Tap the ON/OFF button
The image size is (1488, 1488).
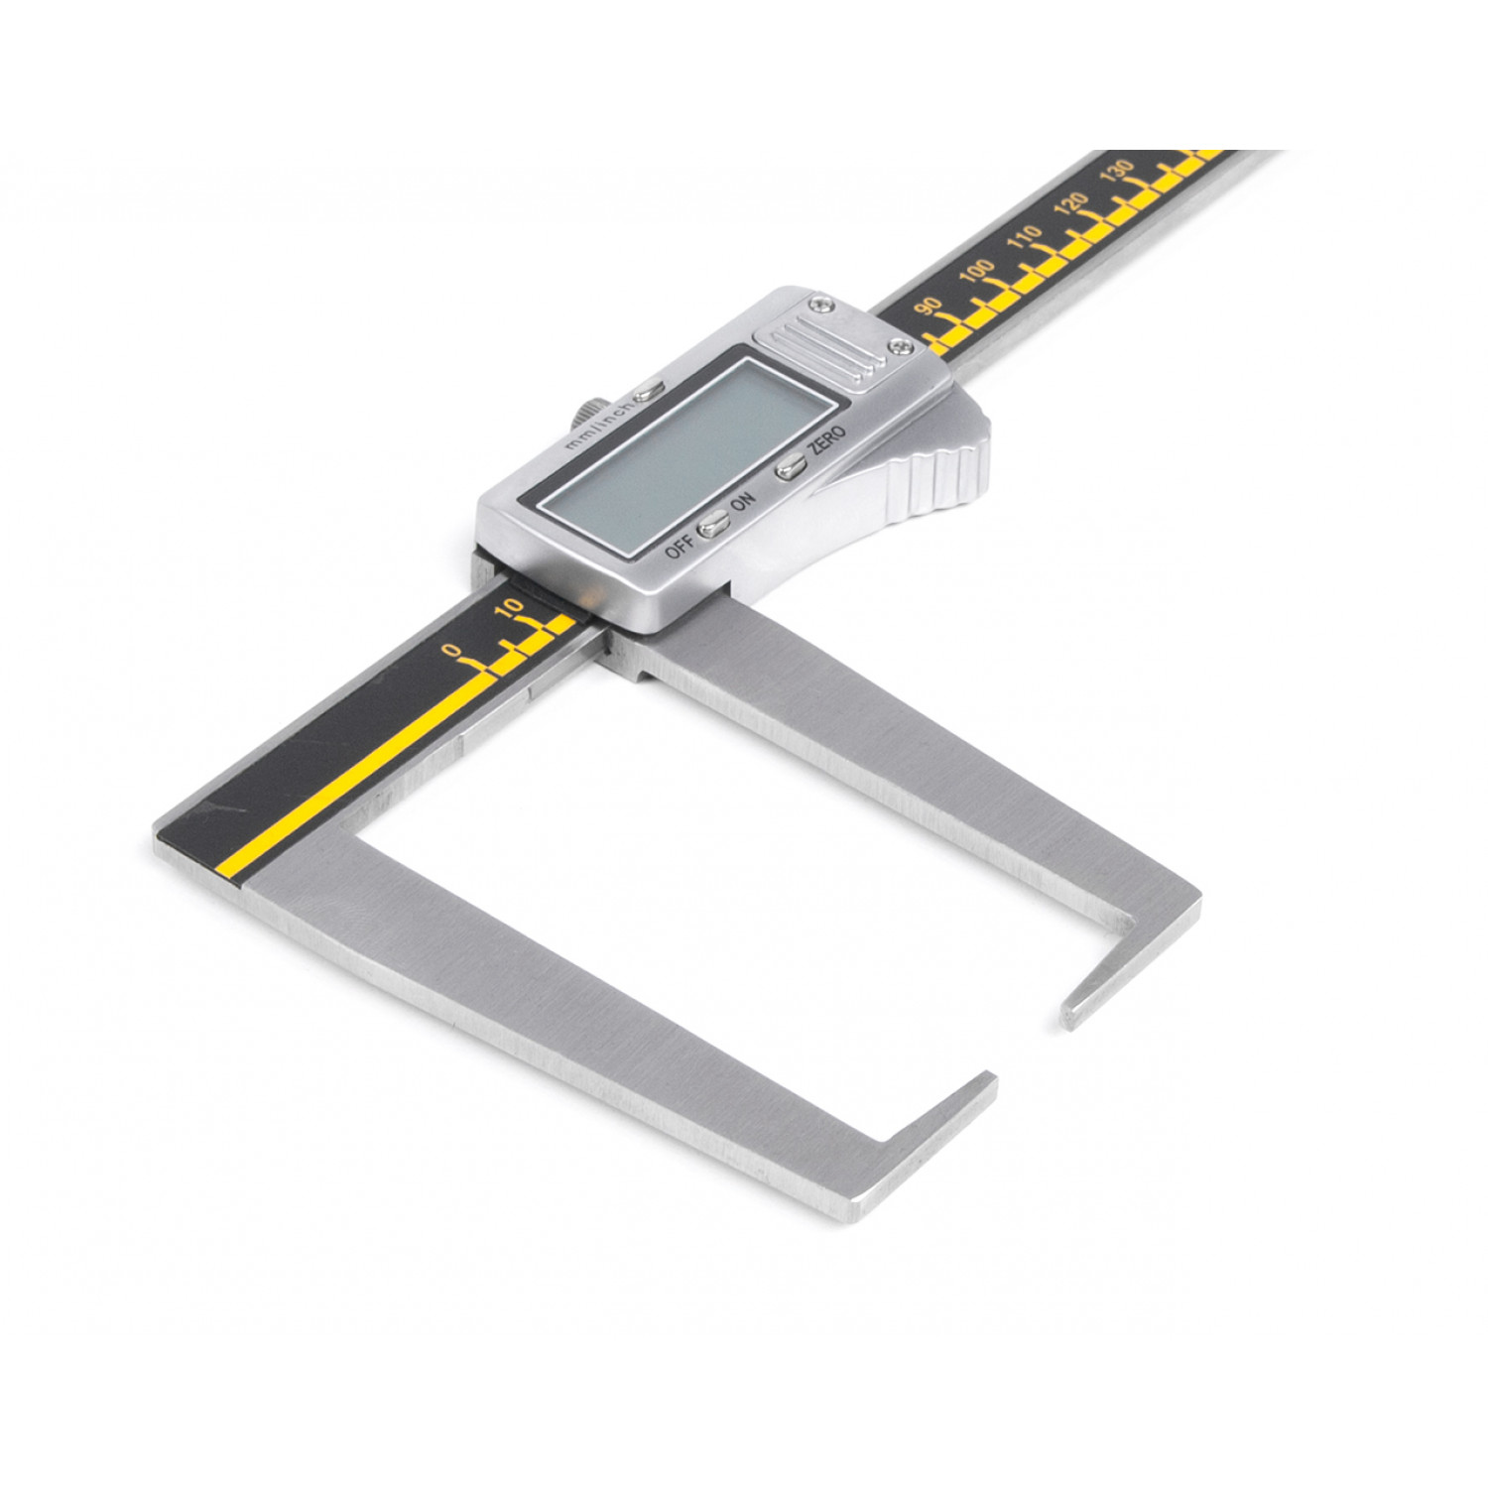click(x=711, y=525)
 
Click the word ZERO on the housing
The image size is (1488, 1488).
click(x=826, y=439)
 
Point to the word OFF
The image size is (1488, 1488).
click(x=679, y=544)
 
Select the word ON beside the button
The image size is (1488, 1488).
click(x=742, y=502)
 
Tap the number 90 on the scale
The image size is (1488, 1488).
click(x=929, y=307)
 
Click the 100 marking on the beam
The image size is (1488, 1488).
click(x=976, y=270)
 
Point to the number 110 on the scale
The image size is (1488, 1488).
click(x=1024, y=238)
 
